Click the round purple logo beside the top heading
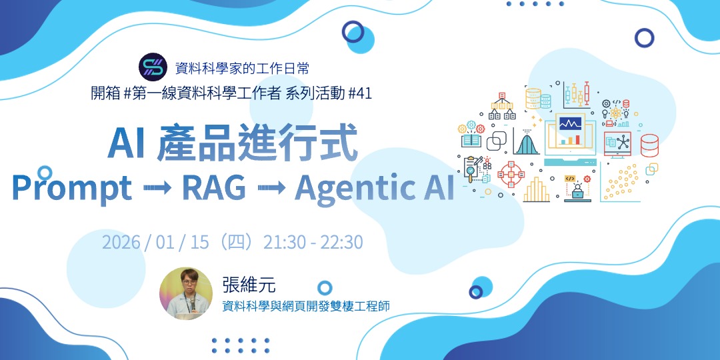click(153, 67)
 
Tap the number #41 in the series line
click(360, 93)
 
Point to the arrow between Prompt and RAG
click(157, 188)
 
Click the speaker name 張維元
click(249, 285)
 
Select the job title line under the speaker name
click(306, 307)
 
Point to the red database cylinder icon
click(649, 145)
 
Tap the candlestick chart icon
click(577, 95)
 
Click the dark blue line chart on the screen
click(570, 124)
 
